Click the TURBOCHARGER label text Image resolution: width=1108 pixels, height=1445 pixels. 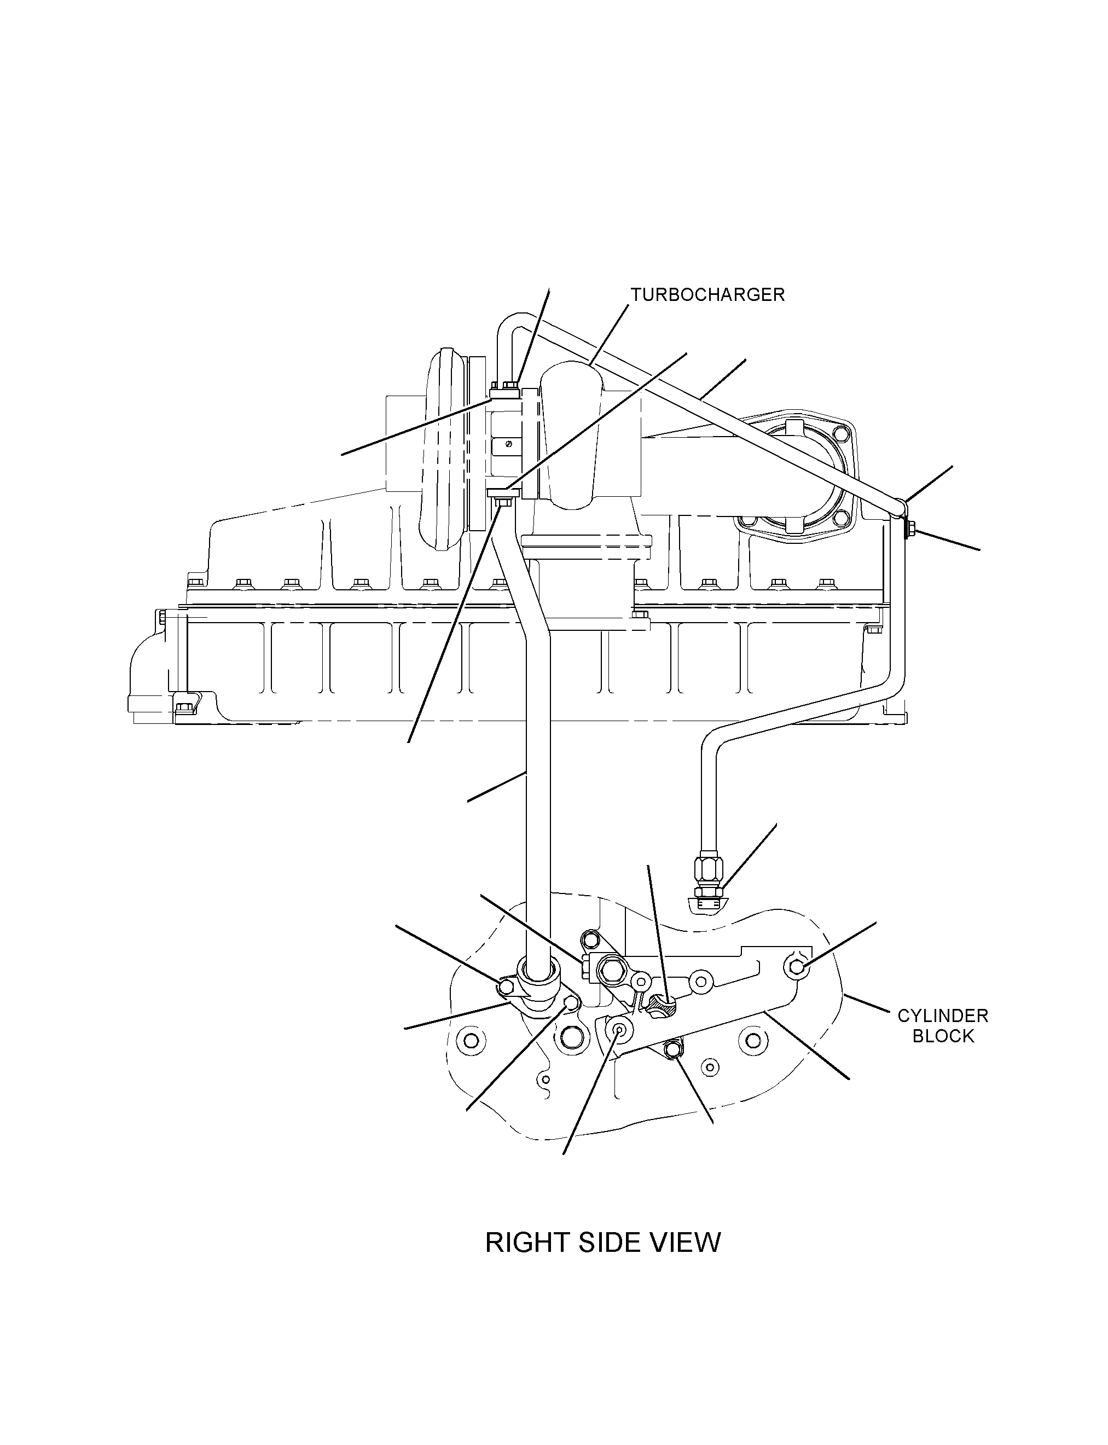[707, 295]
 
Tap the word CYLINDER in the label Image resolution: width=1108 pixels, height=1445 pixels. [942, 1015]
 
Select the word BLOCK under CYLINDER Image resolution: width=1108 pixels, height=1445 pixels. [943, 1036]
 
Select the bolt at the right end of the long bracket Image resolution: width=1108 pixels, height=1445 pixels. [796, 967]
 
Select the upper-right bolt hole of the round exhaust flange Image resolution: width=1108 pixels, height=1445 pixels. [839, 434]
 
